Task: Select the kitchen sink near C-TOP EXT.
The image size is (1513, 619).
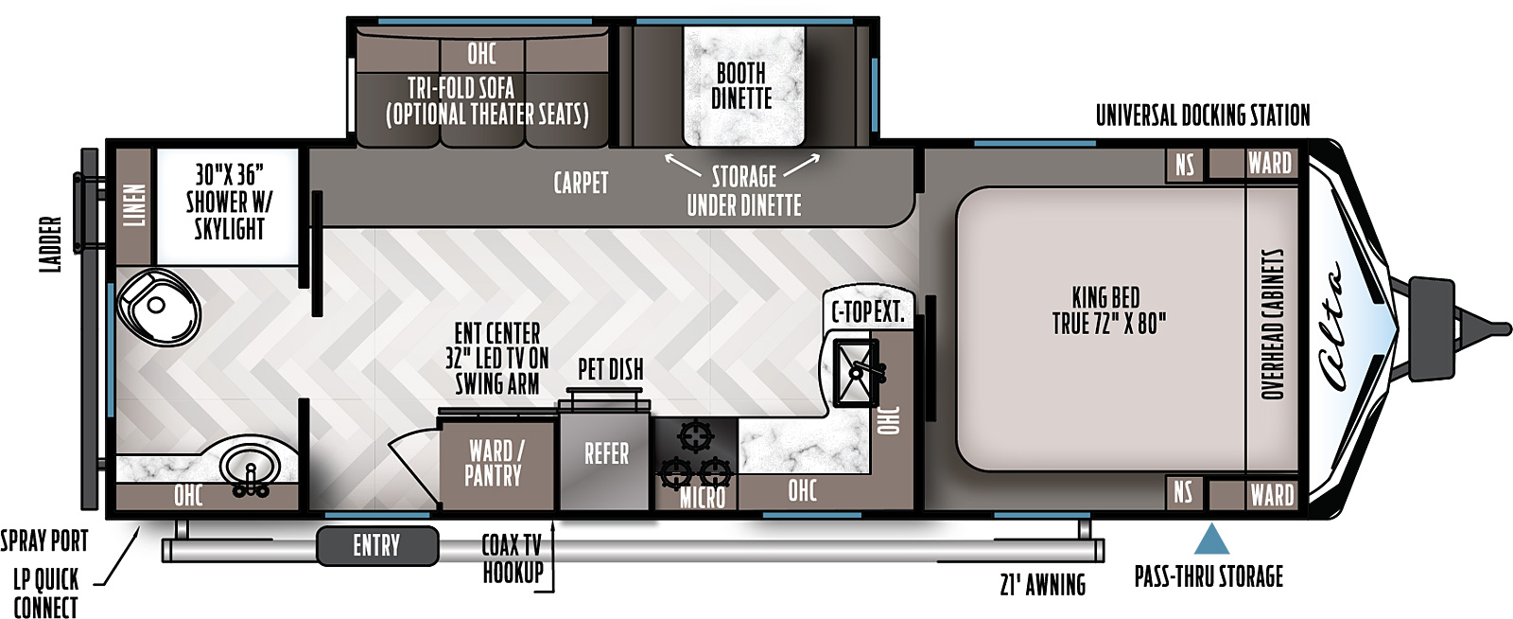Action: point(857,372)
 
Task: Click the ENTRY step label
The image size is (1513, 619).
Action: point(377,545)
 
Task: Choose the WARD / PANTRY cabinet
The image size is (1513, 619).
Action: point(496,464)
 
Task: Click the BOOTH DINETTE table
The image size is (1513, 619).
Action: point(743,86)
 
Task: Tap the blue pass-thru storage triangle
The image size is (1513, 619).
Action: point(1211,539)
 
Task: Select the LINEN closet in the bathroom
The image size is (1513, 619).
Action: point(134,206)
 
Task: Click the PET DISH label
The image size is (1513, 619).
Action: point(611,370)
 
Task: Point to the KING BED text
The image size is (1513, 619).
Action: point(1105,297)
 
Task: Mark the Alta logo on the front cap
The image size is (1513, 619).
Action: point(1331,327)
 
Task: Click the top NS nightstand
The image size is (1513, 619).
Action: point(1185,165)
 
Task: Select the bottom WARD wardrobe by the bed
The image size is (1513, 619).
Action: point(1271,494)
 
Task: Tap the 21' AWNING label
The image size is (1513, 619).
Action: point(1043,585)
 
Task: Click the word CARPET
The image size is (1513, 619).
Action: point(581,183)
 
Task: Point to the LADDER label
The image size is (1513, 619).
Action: point(51,244)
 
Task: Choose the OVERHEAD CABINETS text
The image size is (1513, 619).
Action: point(1272,325)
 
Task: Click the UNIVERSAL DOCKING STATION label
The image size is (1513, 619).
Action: point(1202,115)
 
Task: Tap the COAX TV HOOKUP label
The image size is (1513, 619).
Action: point(513,558)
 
